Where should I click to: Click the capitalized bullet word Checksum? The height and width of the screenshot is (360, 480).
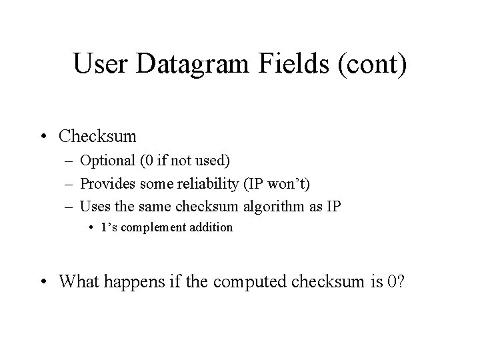point(97,137)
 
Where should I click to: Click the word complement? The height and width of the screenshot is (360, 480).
point(161,228)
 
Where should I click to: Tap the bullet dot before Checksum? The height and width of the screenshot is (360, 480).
point(44,137)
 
